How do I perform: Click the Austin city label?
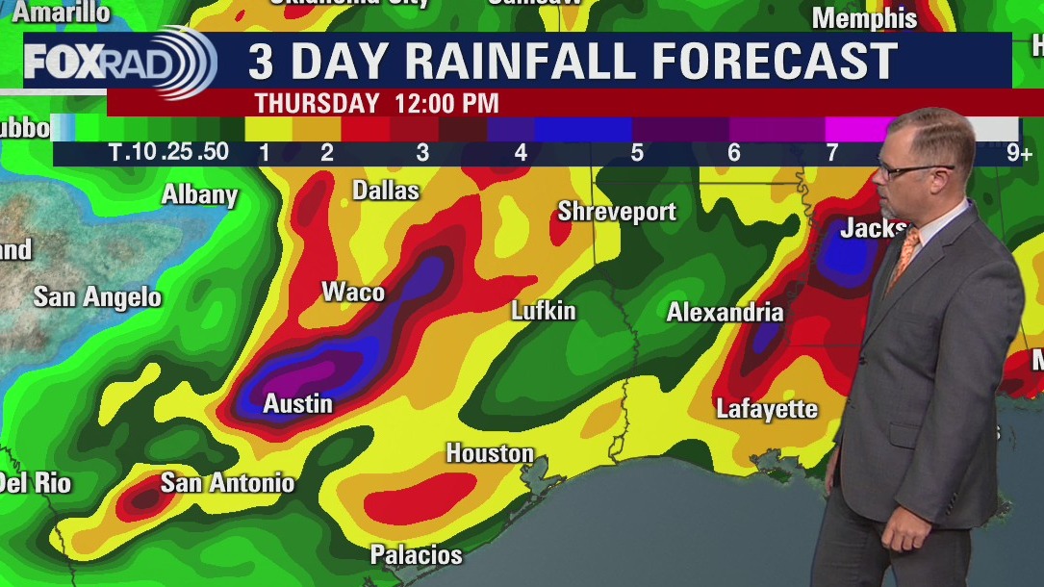[x=298, y=404]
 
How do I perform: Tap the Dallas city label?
[x=386, y=191]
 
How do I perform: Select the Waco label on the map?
[x=353, y=293]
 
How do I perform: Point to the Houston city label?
[x=490, y=453]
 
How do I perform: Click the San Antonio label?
[x=227, y=482]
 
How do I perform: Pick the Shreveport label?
[x=617, y=212]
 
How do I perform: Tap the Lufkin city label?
[x=543, y=311]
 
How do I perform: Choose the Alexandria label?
[x=725, y=313]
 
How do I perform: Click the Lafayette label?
[x=767, y=410]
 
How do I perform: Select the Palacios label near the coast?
[x=417, y=555]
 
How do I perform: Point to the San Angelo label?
[x=97, y=297]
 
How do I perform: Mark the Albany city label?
[x=199, y=194]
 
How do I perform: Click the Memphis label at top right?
[x=864, y=18]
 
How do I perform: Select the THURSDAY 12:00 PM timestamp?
[x=376, y=103]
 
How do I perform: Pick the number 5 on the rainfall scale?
[x=637, y=153]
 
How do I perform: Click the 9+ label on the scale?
[x=1019, y=153]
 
